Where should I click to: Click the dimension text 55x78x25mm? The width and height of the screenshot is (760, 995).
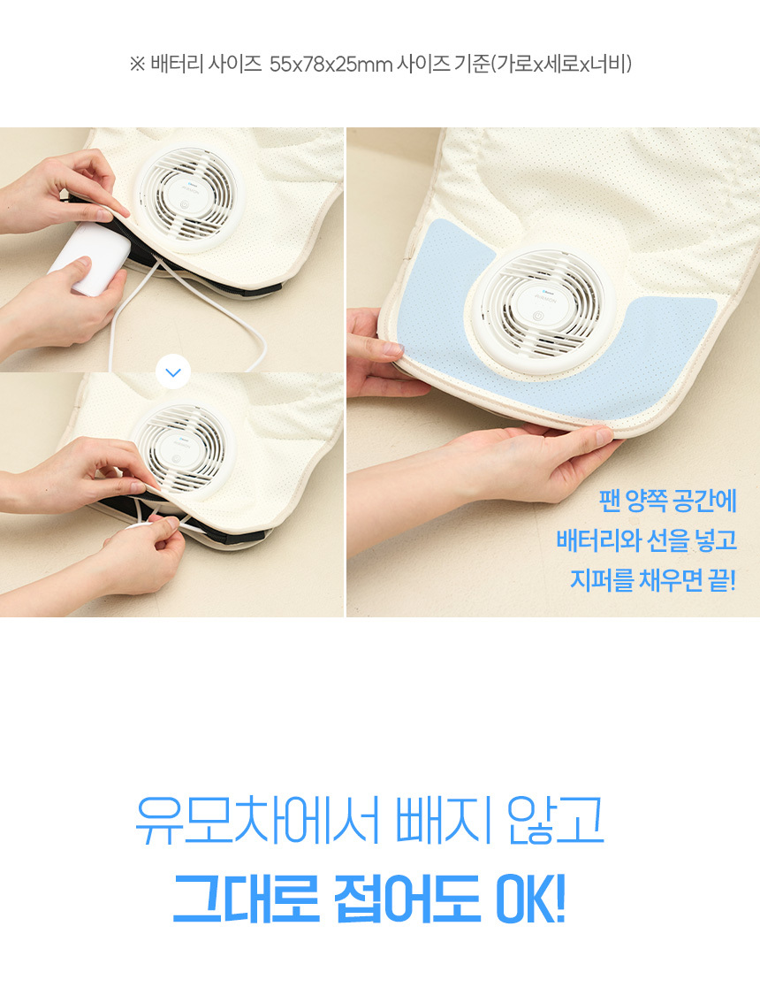(331, 64)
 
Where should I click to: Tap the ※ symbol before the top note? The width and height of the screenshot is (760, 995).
(137, 64)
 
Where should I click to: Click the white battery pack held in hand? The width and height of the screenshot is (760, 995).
(90, 257)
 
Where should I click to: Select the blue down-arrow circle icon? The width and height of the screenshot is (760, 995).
(173, 372)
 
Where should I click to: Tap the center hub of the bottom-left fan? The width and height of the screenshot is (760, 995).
(177, 448)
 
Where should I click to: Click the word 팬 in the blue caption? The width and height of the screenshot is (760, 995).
(609, 501)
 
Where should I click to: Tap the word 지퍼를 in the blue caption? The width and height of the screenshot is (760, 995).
(602, 580)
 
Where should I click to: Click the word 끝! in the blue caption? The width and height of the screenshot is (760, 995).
(722, 580)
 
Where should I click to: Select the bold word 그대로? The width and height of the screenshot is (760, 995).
(246, 899)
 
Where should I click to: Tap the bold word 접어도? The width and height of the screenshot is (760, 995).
(407, 899)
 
